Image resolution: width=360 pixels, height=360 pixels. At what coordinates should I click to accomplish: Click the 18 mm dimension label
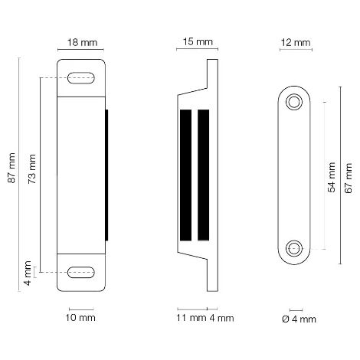coord(82,42)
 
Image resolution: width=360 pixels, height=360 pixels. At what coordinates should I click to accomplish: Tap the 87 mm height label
coord(11,168)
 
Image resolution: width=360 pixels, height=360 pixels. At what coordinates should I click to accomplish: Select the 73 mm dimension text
coord(32,169)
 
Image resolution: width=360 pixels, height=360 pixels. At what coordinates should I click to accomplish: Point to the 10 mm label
coord(80,318)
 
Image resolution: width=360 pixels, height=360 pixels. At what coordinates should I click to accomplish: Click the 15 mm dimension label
coord(198,42)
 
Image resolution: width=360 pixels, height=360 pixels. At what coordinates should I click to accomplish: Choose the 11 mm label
coord(191,318)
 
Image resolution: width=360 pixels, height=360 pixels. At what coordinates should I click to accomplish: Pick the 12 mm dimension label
coord(296,43)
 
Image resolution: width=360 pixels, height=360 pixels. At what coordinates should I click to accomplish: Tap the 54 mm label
coord(332,177)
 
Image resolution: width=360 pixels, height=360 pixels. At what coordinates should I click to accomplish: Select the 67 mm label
coord(349,178)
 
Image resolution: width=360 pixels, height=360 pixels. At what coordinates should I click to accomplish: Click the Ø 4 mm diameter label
coord(299,319)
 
